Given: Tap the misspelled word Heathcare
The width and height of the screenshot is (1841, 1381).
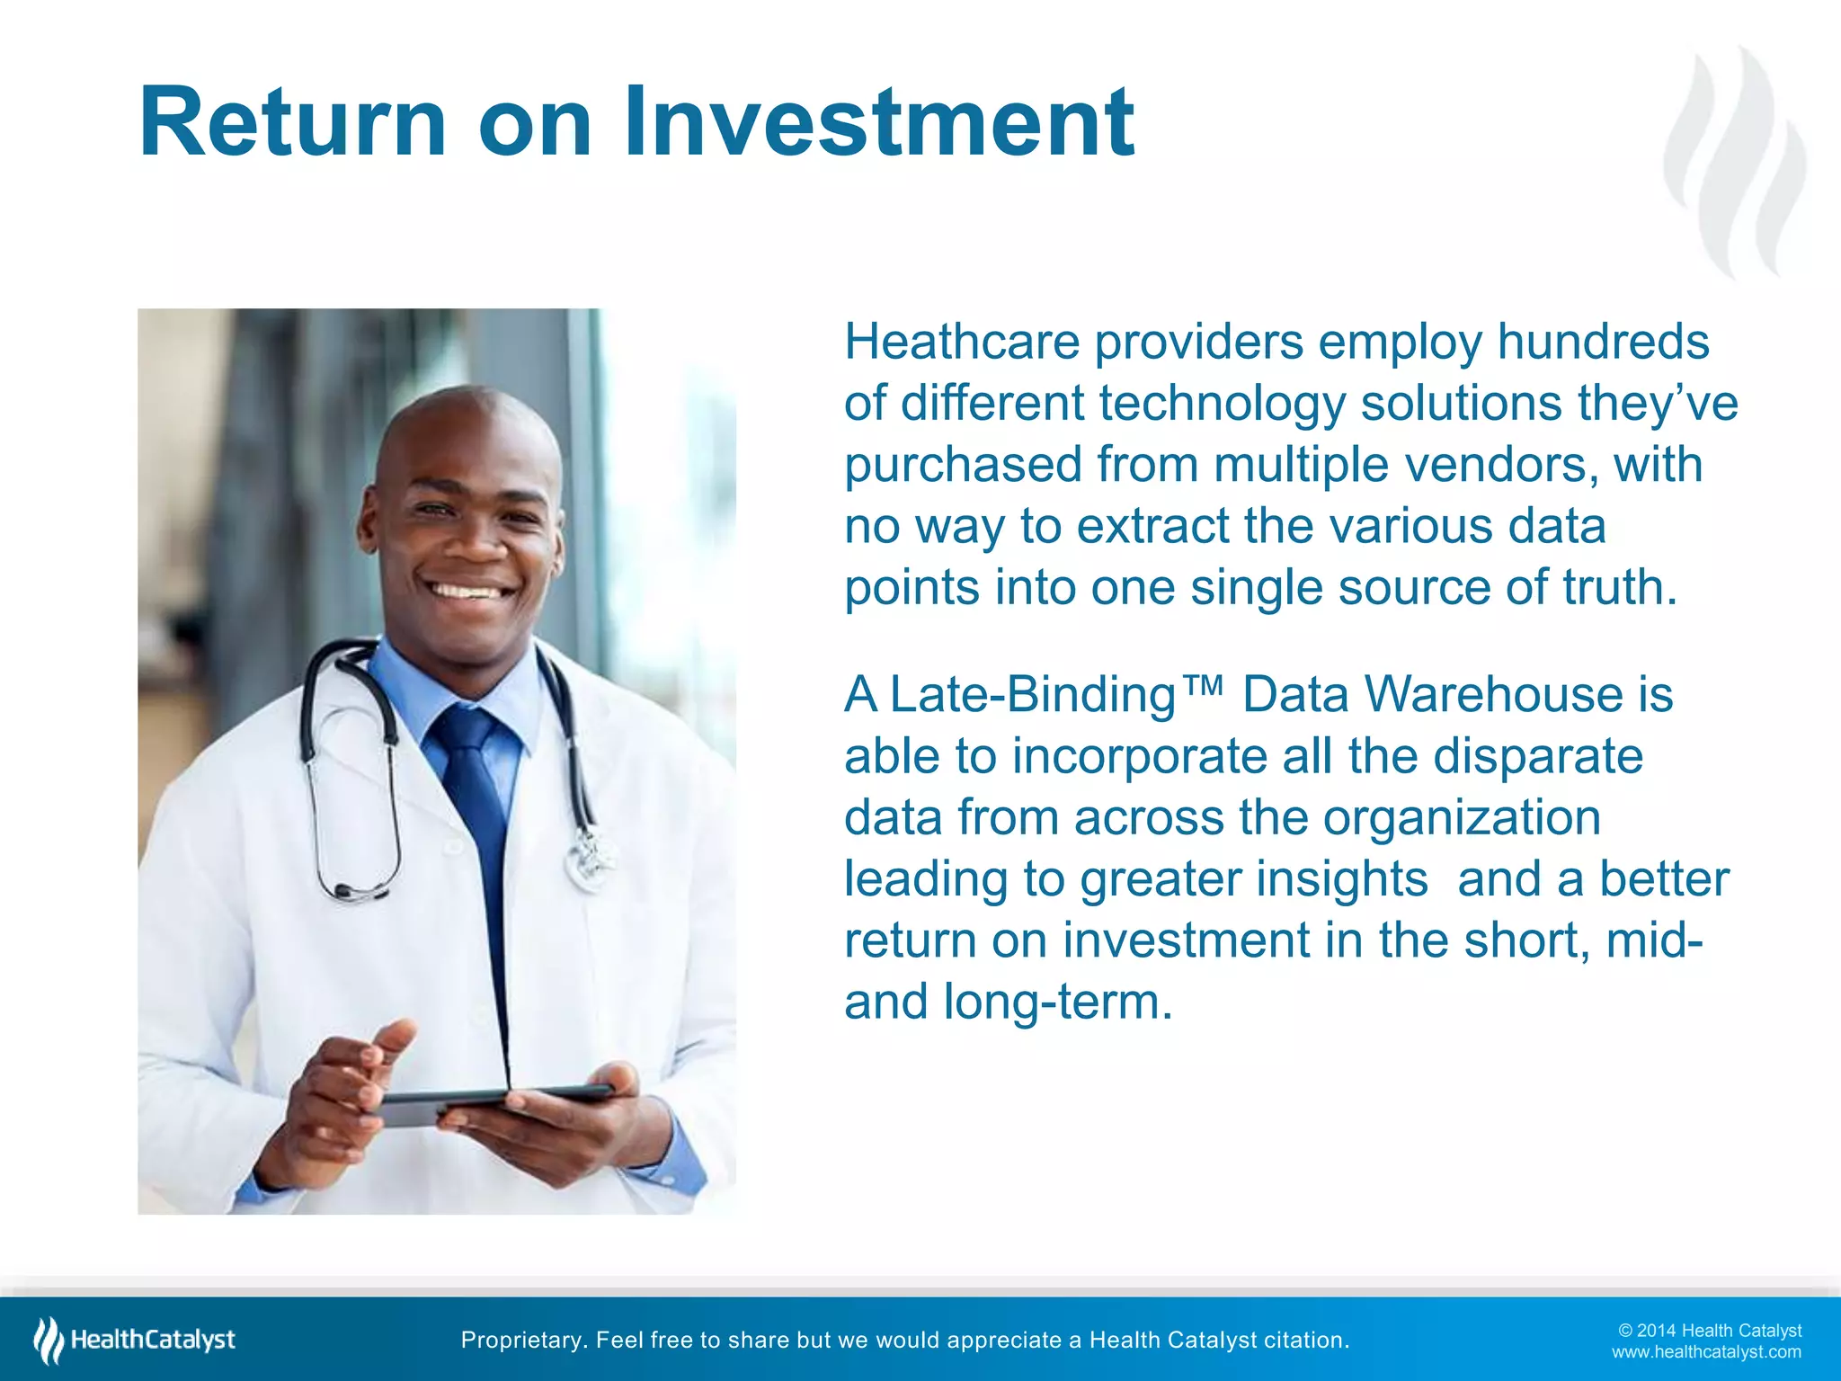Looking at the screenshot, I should pos(961,343).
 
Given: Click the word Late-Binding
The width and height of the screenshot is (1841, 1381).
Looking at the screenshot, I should pos(1032,696).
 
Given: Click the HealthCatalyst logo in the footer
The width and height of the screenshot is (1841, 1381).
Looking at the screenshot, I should pos(135,1340).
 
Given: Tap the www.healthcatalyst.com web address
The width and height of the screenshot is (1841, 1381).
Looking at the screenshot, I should pos(1706,1352).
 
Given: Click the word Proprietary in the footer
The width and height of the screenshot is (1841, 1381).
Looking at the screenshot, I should pos(520,1341).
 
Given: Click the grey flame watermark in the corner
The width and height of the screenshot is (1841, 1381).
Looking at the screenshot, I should pos(1735,162).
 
